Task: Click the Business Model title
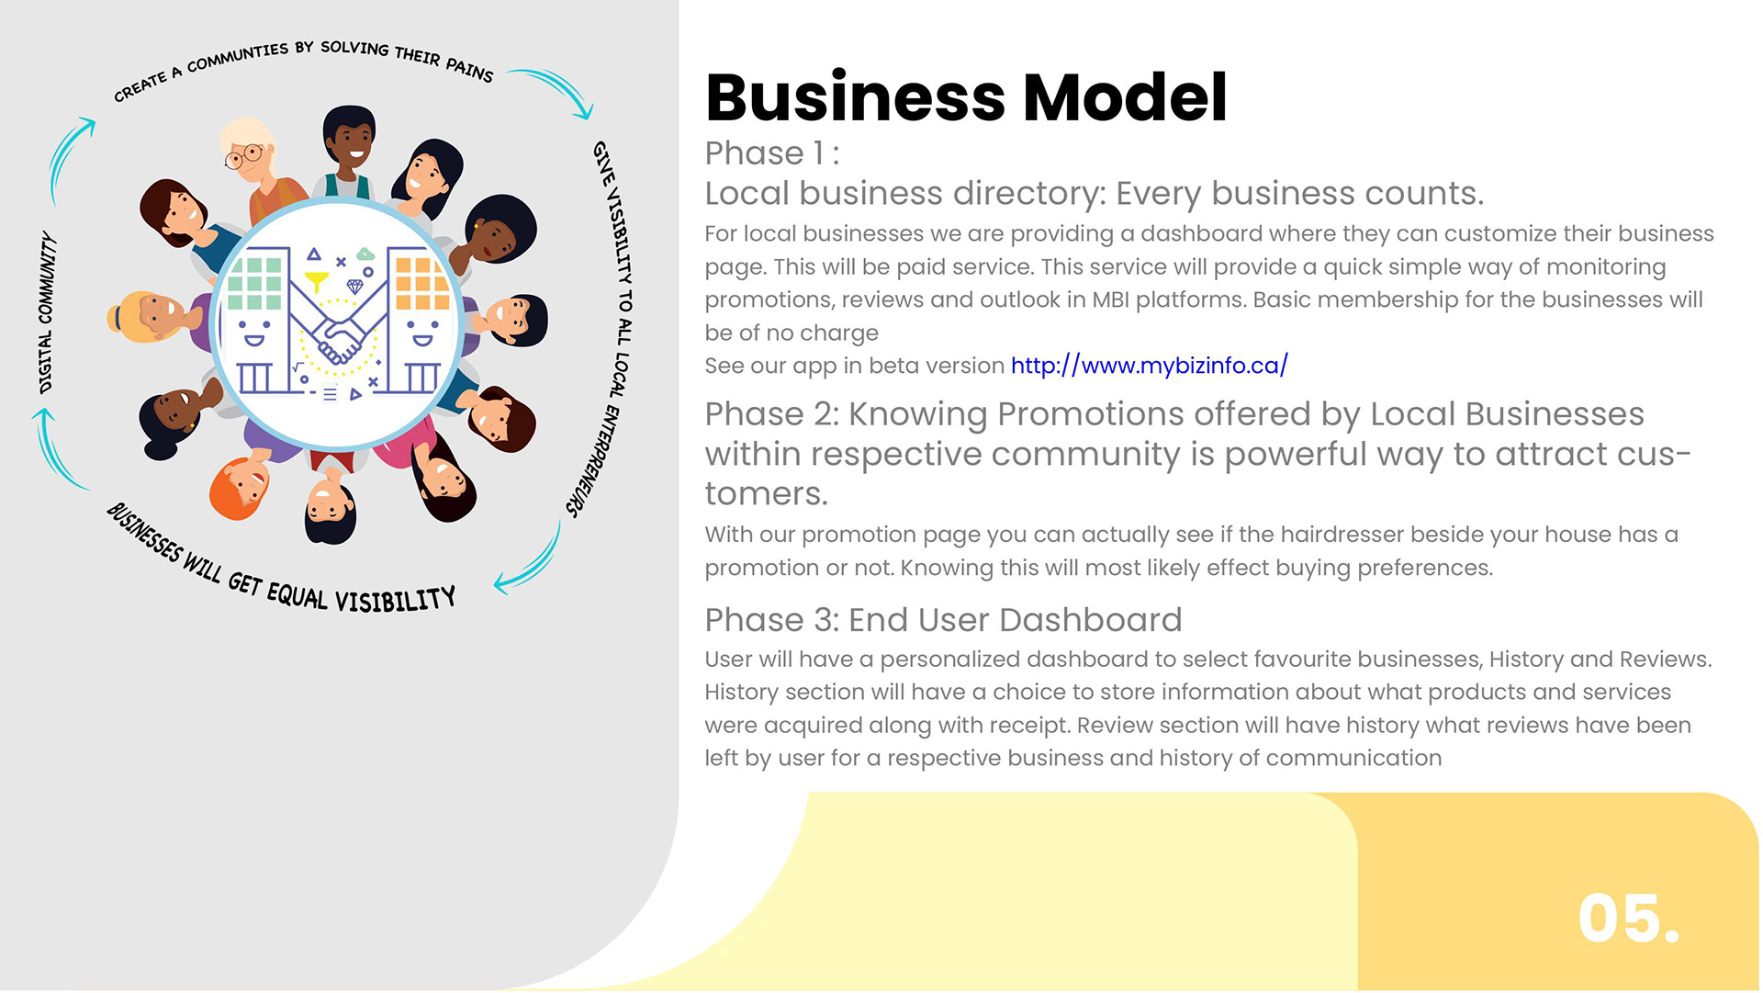pos(965,97)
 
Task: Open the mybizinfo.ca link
pos(1149,366)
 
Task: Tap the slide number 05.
pos(1628,918)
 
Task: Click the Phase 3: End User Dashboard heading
pos(943,620)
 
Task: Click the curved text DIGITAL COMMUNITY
pos(46,312)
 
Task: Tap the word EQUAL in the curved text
pos(297,595)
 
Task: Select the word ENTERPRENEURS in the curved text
pos(593,459)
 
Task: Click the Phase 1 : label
pos(771,153)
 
